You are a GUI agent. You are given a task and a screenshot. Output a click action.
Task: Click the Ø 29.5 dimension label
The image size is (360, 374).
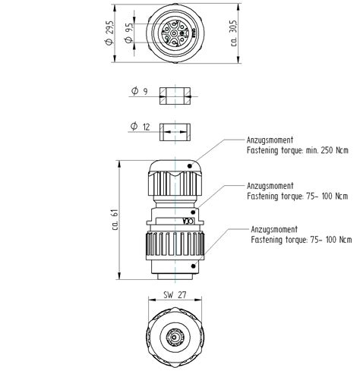[x=111, y=33]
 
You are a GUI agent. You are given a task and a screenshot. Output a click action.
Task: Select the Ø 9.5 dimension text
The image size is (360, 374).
[x=130, y=33]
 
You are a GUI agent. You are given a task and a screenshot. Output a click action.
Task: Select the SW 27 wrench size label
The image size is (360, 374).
[x=174, y=294]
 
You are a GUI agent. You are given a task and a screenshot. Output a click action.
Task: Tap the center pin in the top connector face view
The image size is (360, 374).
[x=173, y=33]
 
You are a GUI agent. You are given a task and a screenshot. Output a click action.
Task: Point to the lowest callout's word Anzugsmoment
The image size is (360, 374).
[x=274, y=228]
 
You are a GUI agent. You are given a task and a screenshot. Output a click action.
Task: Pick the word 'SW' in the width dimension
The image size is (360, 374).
[x=167, y=294]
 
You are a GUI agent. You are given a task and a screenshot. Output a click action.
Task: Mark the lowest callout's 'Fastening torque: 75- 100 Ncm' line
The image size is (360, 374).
[x=302, y=240]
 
